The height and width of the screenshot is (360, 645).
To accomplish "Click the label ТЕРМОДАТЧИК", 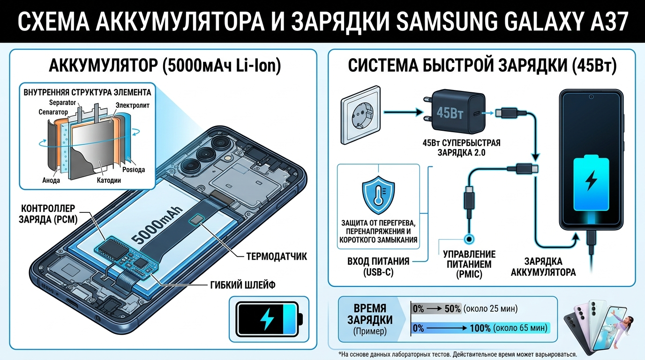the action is point(277,256).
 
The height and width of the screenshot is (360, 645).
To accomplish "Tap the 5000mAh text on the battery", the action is point(162,225).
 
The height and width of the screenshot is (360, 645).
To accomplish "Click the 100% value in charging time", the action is point(479,328).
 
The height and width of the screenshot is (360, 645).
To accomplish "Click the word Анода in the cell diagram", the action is point(51,180).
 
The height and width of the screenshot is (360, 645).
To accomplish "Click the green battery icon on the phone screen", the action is point(592,183).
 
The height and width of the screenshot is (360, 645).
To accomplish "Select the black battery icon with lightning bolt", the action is point(267,319).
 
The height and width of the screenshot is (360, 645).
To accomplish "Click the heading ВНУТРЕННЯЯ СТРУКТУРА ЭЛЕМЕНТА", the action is point(87,91).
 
